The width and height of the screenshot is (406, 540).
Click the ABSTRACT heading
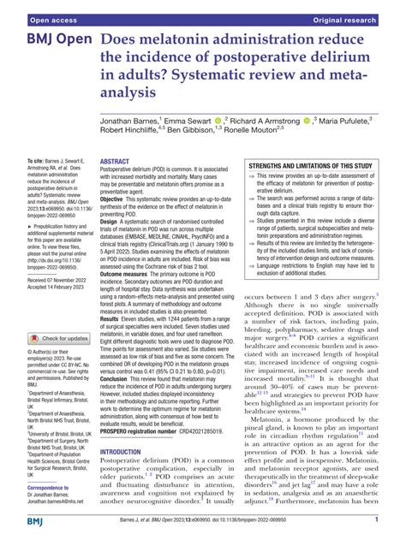[115, 137]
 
